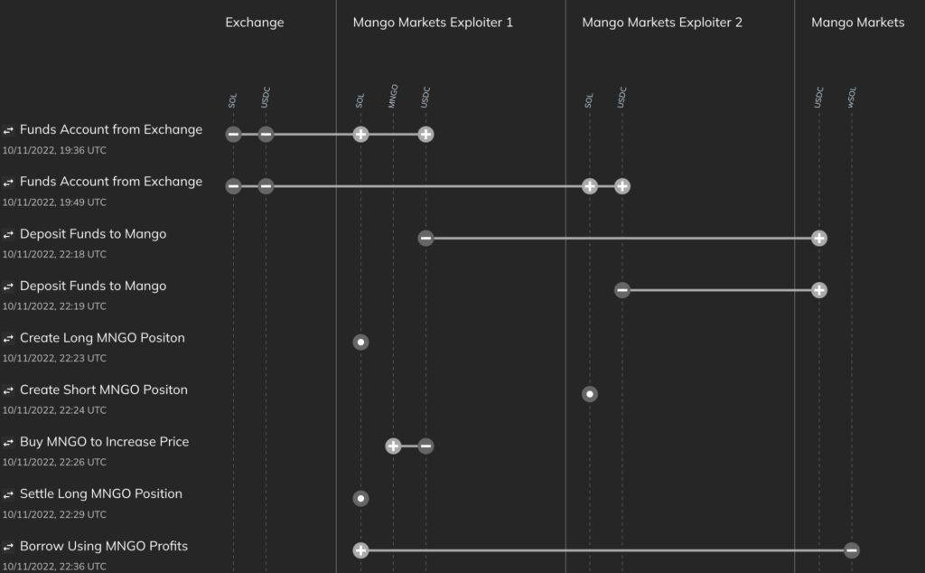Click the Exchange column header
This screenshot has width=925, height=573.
coord(255,23)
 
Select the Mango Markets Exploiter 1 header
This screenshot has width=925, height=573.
coord(433,23)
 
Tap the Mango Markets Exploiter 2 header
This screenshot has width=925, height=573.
coord(662,23)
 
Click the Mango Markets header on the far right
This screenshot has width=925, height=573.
coord(857,23)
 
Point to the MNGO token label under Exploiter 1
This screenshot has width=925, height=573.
coord(393,97)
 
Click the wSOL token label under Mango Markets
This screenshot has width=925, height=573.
coord(852,98)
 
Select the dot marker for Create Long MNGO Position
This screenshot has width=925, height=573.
coord(360,343)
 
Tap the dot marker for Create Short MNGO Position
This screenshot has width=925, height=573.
coord(590,394)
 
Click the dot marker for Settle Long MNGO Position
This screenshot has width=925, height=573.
coord(360,498)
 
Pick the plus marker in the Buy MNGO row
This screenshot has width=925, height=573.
coord(393,446)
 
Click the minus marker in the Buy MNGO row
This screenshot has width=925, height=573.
coord(425,446)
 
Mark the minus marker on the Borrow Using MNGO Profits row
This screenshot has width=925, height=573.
coord(852,550)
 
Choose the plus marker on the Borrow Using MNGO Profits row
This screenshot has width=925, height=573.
coord(360,550)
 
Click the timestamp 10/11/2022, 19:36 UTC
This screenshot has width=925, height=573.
coord(54,150)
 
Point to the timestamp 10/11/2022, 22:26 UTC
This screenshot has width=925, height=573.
coord(54,462)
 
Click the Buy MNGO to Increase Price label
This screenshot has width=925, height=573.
coord(104,442)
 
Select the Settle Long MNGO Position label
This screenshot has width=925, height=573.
coord(101,493)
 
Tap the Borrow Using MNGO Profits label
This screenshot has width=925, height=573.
coord(104,546)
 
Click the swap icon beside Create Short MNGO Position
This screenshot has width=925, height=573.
coord(9,390)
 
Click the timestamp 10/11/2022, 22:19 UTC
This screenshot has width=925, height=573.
coord(54,306)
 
